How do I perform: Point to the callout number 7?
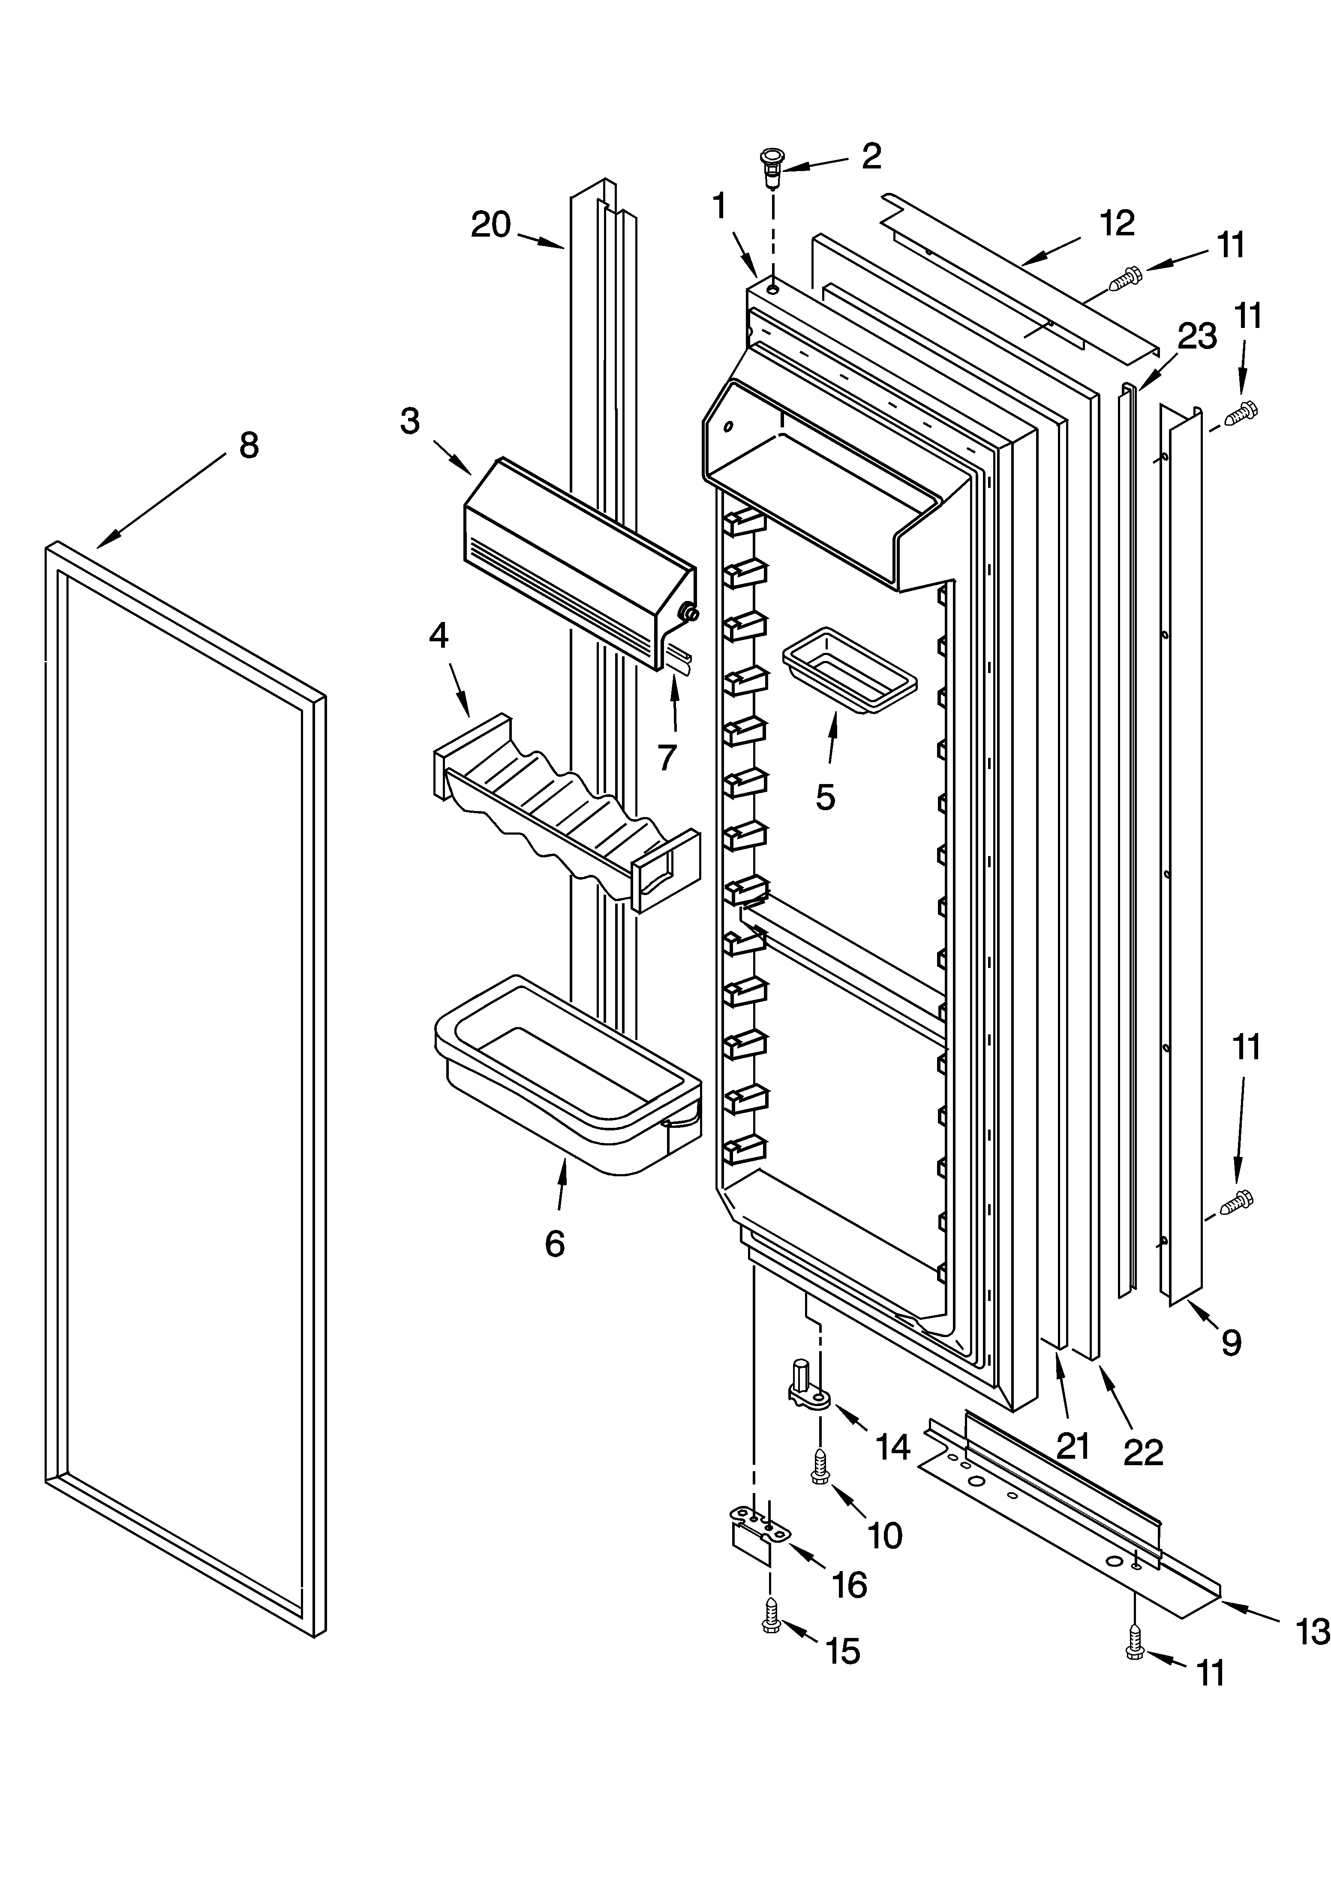pos(667,757)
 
